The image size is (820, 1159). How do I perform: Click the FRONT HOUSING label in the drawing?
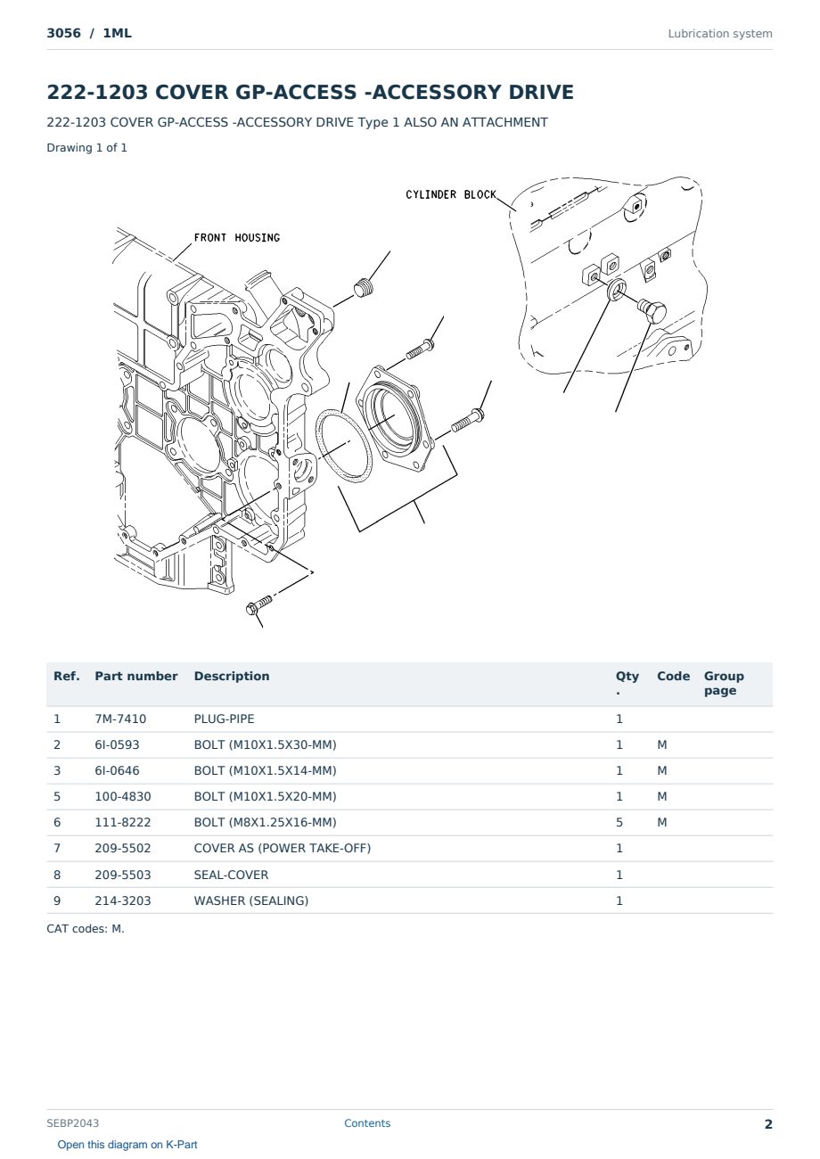[236, 237]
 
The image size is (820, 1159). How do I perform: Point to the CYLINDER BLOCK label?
[451, 194]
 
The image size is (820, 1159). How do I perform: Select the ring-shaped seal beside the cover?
[343, 446]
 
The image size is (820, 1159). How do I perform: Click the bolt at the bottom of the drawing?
[259, 604]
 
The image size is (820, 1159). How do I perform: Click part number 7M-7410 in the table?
[120, 719]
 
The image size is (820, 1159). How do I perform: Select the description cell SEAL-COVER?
[231, 875]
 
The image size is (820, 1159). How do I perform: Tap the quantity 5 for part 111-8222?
[619, 822]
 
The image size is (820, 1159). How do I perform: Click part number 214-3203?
[123, 900]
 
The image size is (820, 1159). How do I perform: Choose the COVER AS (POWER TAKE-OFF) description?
[282, 848]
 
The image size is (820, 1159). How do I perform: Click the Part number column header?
[136, 676]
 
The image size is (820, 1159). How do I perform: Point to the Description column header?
[231, 676]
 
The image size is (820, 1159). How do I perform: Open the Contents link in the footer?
[367, 1123]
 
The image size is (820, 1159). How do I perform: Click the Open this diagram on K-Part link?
[127, 1145]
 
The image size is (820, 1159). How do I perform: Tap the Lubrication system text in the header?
[720, 34]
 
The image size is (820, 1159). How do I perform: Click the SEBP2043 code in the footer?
[72, 1123]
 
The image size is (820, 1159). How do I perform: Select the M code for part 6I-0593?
[661, 744]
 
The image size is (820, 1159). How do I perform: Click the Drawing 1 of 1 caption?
[87, 148]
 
